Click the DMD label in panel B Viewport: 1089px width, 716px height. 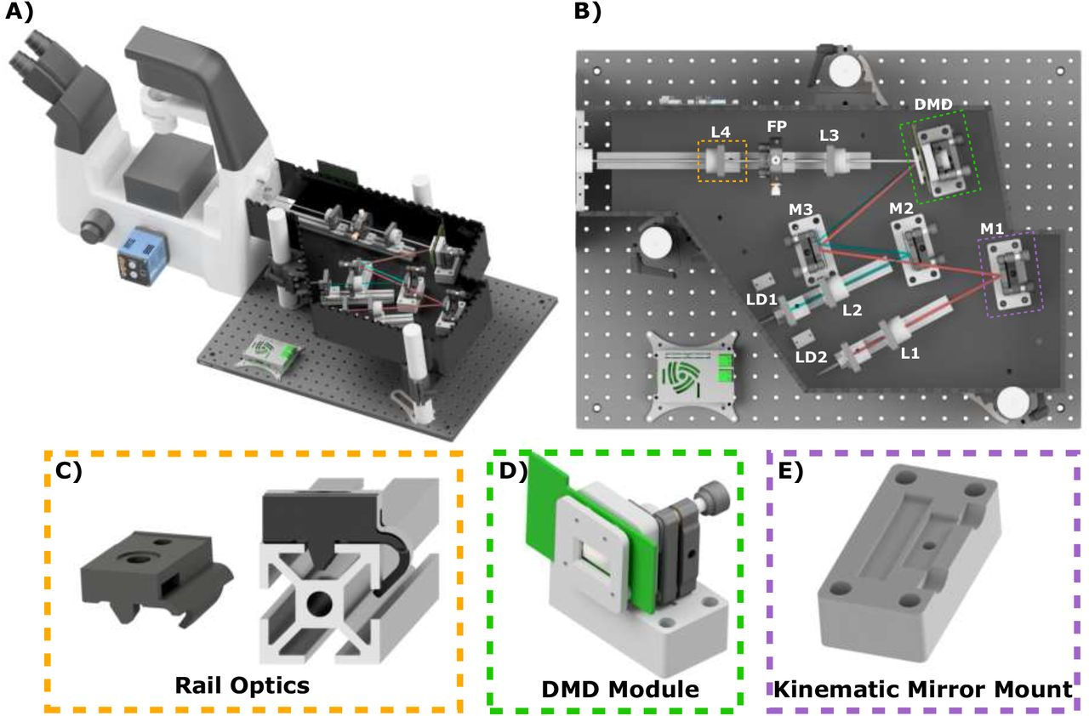[x=933, y=105]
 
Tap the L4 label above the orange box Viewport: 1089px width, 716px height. [x=721, y=132]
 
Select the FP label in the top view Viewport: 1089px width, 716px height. [x=777, y=127]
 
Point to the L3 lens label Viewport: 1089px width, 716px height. [x=829, y=135]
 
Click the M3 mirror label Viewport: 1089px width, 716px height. [x=801, y=209]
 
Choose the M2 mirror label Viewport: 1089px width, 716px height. [x=901, y=208]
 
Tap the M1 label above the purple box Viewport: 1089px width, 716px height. [x=992, y=228]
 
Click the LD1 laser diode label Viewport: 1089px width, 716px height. [x=761, y=299]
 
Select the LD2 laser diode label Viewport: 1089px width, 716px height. [x=812, y=357]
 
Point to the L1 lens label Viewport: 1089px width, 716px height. [x=910, y=353]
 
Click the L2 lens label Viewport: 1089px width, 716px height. [x=852, y=310]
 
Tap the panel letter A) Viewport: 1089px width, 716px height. [x=20, y=12]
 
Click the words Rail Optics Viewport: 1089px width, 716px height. [x=242, y=685]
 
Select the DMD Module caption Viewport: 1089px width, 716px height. [x=620, y=689]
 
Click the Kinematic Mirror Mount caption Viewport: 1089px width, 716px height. [x=923, y=689]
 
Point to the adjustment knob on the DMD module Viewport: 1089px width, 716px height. [x=711, y=496]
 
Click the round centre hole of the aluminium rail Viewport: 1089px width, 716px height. [x=319, y=604]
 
